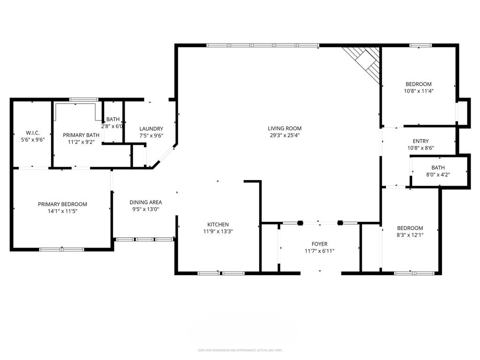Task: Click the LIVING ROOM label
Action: [x=285, y=128]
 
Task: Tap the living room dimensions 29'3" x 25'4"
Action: [x=285, y=135]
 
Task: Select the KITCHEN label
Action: [x=218, y=225]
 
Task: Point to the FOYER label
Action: [x=319, y=244]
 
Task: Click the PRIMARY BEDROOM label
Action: [x=62, y=204]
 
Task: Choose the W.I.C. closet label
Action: [x=32, y=133]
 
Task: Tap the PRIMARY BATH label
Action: [x=82, y=135]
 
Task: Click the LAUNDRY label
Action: [x=151, y=129]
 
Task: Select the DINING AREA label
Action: [x=146, y=202]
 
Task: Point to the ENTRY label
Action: [x=420, y=141]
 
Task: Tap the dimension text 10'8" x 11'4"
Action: [x=419, y=91]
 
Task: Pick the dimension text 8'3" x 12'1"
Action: [x=410, y=235]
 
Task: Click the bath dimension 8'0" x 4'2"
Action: [x=438, y=175]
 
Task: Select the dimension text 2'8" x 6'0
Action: [x=112, y=127]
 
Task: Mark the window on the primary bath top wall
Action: [x=84, y=99]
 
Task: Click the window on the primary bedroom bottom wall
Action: [x=62, y=249]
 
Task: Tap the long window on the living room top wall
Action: [x=262, y=45]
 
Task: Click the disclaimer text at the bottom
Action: [x=240, y=350]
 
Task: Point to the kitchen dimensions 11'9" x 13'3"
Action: [x=218, y=232]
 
